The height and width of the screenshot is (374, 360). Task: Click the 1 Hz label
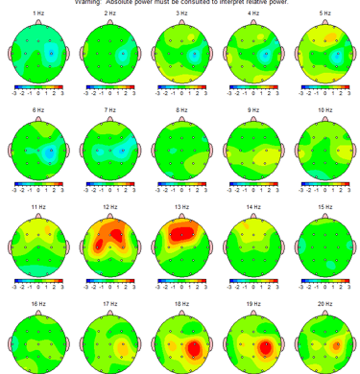pos(38,13)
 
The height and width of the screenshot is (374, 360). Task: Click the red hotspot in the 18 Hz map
pos(194,347)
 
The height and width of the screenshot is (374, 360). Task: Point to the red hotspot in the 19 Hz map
pos(263,346)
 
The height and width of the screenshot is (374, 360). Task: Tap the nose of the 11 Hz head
pos(38,214)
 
